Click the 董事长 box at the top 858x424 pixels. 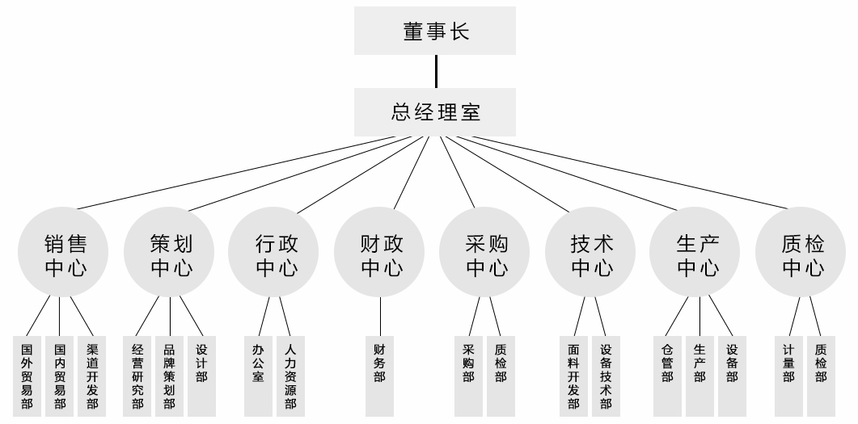tap(435, 31)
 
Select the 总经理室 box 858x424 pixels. tap(435, 111)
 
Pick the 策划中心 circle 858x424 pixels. tap(171, 254)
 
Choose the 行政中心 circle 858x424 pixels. tap(276, 254)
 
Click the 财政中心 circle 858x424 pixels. tap(381, 254)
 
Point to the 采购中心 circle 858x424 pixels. tap(486, 254)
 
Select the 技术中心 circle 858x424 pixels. tap(591, 254)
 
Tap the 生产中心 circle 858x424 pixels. tap(697, 254)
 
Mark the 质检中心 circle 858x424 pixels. tap(802, 254)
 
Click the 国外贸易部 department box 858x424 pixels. tap(27, 376)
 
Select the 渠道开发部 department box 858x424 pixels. tap(91, 376)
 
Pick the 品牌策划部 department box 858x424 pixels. tap(169, 376)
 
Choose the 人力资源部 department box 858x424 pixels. tap(290, 376)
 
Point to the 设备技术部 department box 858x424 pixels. tap(606, 376)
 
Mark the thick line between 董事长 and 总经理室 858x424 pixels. tap(436, 71)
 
